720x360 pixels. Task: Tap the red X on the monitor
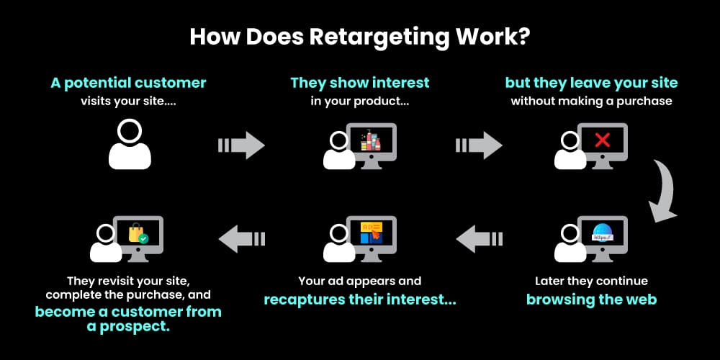pyautogui.click(x=602, y=140)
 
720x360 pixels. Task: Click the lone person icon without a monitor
pyautogui.click(x=130, y=144)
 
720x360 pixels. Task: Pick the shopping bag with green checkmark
pyautogui.click(x=138, y=233)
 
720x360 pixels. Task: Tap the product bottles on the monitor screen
pyautogui.click(x=370, y=140)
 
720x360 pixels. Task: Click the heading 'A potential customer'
pyautogui.click(x=128, y=83)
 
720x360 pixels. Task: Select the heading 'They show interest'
pyautogui.click(x=359, y=83)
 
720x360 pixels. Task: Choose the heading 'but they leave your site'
pyautogui.click(x=591, y=83)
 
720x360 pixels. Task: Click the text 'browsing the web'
pyautogui.click(x=591, y=300)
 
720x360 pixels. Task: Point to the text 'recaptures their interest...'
pyautogui.click(x=359, y=300)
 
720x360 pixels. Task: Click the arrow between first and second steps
pyautogui.click(x=242, y=145)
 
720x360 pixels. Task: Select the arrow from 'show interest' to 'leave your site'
pyautogui.click(x=479, y=145)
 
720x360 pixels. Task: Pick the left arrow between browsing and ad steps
pyautogui.click(x=479, y=239)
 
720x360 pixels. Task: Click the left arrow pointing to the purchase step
pyautogui.click(x=242, y=239)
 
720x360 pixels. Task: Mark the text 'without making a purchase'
pyautogui.click(x=591, y=102)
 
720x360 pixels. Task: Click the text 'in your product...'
pyautogui.click(x=359, y=102)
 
